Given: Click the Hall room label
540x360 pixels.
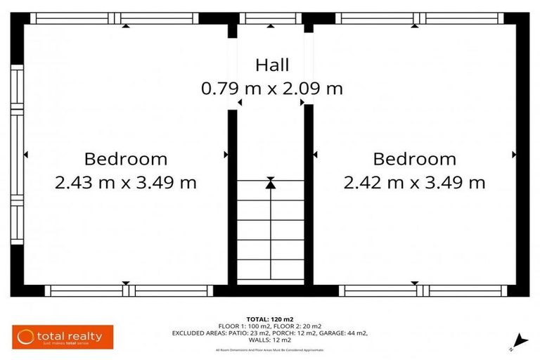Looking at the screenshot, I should [271, 65].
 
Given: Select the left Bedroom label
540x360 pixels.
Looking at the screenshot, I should [126, 159].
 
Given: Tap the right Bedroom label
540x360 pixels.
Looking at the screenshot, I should [414, 159].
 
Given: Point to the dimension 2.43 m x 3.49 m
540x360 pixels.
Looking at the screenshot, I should [126, 183].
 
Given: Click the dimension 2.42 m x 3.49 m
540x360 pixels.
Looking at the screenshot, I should [414, 183].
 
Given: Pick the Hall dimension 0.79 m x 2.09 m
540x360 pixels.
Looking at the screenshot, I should [271, 89].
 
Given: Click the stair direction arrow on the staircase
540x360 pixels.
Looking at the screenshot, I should [271, 184].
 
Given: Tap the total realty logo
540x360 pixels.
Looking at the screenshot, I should [59, 337].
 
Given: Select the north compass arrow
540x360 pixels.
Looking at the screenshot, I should [518, 340].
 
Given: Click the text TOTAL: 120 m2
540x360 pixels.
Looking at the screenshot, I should [271, 319].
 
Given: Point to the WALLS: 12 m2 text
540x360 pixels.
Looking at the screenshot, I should [271, 340].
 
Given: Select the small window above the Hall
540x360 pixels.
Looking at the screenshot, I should [271, 18].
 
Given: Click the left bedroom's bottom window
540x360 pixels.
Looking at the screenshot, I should [127, 290].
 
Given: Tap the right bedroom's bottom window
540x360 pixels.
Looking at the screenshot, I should [420, 290].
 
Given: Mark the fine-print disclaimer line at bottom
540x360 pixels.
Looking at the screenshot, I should [271, 349].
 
